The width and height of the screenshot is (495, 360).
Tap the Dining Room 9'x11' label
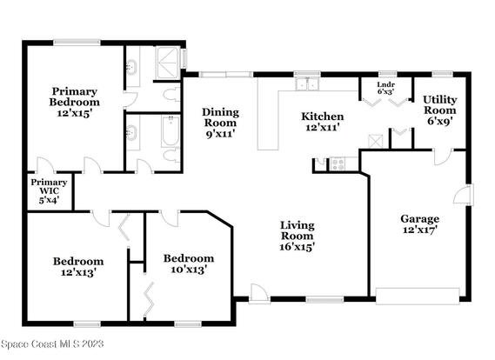(220, 123)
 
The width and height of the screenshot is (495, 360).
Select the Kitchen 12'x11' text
(323, 122)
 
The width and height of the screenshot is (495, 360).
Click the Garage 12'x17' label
(420, 224)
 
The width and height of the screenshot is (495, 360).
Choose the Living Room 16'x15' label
(297, 236)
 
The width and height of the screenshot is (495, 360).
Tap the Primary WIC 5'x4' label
(49, 191)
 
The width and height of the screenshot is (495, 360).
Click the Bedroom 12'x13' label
(78, 267)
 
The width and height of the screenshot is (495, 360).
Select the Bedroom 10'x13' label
(189, 263)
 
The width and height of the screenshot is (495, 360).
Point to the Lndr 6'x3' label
(385, 89)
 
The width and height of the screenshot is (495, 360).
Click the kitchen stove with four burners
(338, 164)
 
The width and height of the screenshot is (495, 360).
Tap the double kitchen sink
(307, 84)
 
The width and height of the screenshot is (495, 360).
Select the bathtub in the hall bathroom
(171, 131)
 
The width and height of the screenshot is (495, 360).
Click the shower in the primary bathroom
(169, 63)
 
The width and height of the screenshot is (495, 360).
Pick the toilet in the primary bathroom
(171, 95)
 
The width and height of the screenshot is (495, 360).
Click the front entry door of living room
(259, 294)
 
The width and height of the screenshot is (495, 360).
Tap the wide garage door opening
(418, 297)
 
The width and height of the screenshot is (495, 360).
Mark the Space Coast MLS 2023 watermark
(52, 343)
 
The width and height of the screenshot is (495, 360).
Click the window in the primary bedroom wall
(77, 43)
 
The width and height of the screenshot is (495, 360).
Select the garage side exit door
(464, 195)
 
